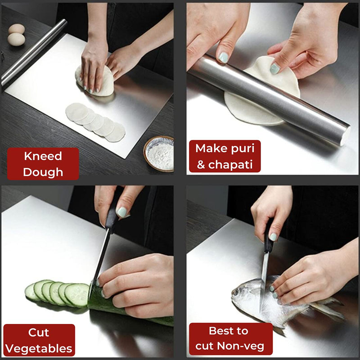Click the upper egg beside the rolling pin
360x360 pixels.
pyautogui.click(x=17, y=29)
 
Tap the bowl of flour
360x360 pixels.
pyautogui.click(x=159, y=154)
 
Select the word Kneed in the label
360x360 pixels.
pyautogui.click(x=43, y=157)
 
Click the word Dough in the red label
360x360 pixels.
pyautogui.click(x=43, y=171)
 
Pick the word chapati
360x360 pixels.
pyautogui.click(x=234, y=164)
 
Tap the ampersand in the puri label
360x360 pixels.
pyautogui.click(x=201, y=165)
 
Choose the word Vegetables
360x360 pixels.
pyautogui.click(x=39, y=348)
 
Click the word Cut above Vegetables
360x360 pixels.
pyautogui.click(x=39, y=333)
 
